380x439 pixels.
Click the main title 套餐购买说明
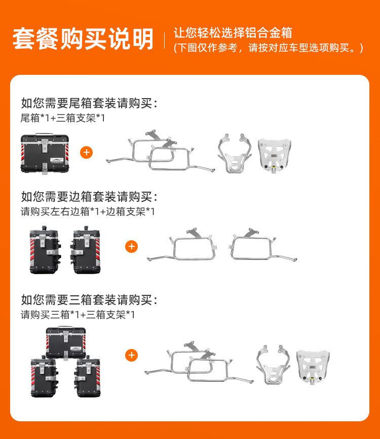point(83,38)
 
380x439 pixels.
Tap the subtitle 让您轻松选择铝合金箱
point(233,33)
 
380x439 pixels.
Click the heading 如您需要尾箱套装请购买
point(89,103)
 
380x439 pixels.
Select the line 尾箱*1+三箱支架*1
point(63,118)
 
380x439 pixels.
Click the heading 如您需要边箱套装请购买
point(89,197)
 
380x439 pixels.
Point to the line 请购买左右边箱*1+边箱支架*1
point(88,211)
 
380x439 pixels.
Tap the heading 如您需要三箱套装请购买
point(89,300)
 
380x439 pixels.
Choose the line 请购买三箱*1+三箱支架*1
point(78,315)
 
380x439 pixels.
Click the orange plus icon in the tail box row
point(86,153)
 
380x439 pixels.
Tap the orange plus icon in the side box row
point(131,247)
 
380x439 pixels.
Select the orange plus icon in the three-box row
point(131,355)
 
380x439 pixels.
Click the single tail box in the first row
point(45,153)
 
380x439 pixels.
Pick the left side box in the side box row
point(44,250)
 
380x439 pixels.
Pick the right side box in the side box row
point(86,250)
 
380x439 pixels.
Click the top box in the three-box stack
point(66,342)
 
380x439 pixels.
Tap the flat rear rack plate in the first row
point(274,155)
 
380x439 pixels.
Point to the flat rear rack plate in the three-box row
point(313,367)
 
